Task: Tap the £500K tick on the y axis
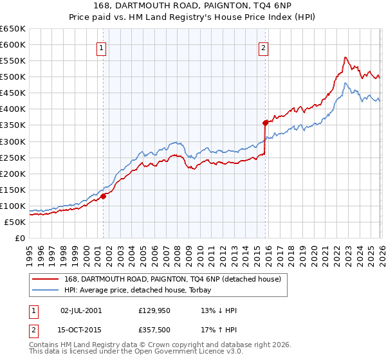pyautogui.click(x=13, y=77)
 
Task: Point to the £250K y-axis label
pyautogui.click(x=13, y=157)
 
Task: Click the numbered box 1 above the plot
pyautogui.click(x=102, y=46)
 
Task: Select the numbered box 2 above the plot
pyautogui.click(x=264, y=46)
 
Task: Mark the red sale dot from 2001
pyautogui.click(x=103, y=196)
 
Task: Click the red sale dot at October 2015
pyautogui.click(x=265, y=122)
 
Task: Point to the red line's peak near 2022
pyautogui.click(x=345, y=57)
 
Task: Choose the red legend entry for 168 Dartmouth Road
pyautogui.click(x=172, y=279)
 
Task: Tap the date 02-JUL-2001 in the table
pyautogui.click(x=80, y=310)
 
